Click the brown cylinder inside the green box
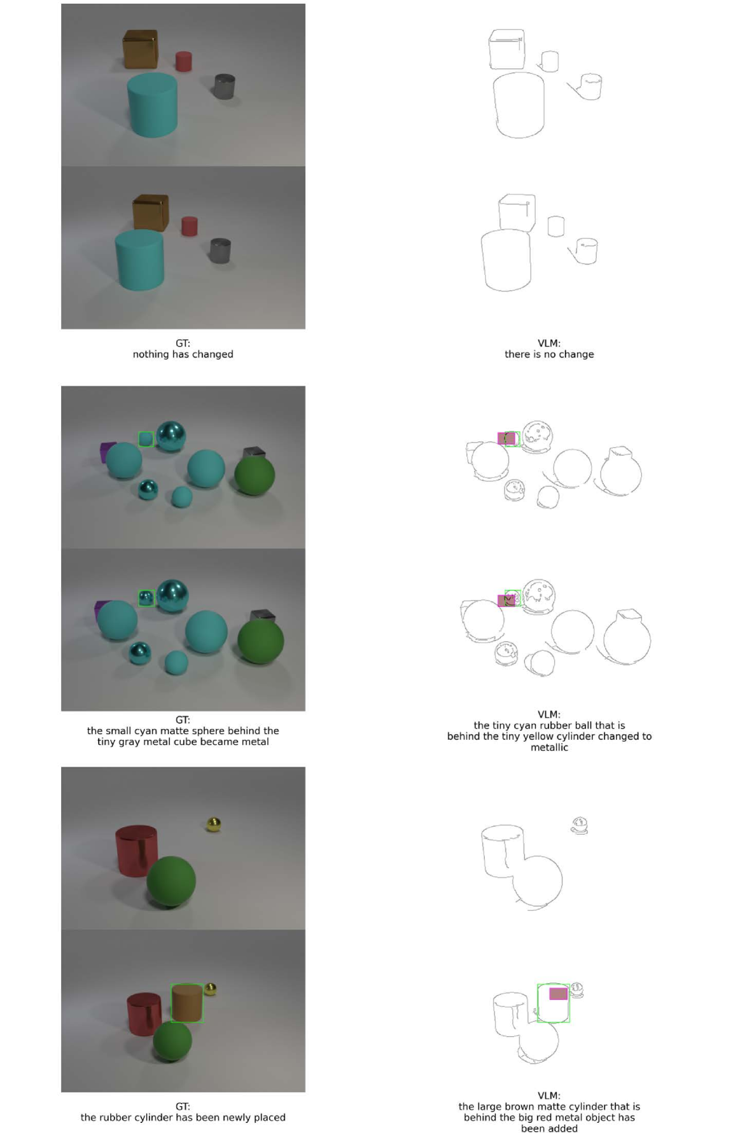tap(186, 1003)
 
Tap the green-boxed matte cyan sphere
tap(146, 439)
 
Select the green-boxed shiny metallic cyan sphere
tap(146, 597)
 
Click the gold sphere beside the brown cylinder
tap(211, 989)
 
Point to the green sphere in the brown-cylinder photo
tap(172, 1041)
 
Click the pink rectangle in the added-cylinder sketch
tap(558, 994)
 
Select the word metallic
tap(549, 747)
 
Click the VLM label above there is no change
tap(548, 344)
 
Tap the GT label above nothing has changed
tap(183, 344)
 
